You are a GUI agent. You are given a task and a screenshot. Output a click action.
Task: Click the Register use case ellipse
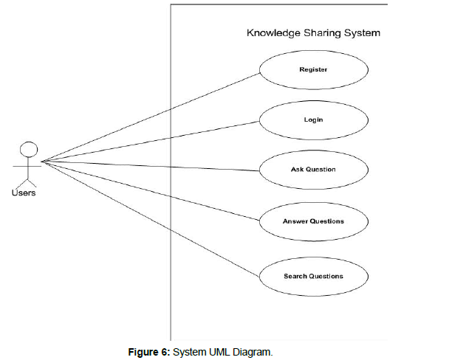313,70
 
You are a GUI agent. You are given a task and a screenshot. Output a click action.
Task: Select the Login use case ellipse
313,119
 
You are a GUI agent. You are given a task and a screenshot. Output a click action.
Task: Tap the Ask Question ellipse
313,170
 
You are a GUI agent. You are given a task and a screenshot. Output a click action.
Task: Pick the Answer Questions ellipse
313,221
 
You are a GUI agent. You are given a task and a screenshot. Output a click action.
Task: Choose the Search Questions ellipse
313,277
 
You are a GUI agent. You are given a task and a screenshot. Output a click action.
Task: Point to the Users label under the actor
24,193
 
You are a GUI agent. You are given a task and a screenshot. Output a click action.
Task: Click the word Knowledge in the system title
274,33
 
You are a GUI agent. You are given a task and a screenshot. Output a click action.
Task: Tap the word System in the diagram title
363,33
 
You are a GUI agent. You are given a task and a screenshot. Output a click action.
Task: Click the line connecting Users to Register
148,117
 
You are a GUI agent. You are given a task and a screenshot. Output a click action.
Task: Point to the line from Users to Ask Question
148,165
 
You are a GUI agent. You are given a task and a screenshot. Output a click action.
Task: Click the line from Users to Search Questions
148,216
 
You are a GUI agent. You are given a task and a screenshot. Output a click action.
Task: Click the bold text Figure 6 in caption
149,351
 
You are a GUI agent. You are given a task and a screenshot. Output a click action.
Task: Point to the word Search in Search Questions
295,277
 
